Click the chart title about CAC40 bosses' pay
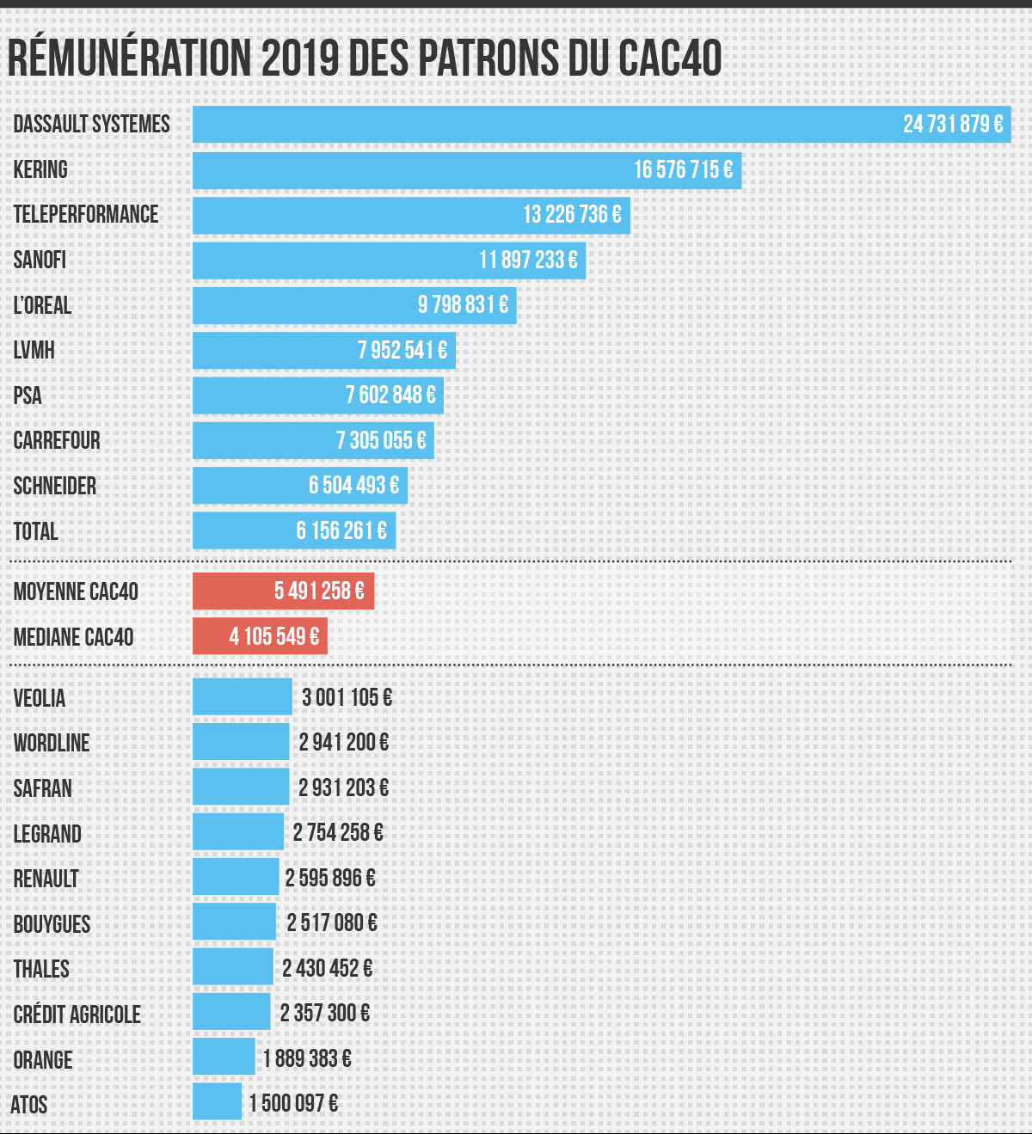pyautogui.click(x=365, y=58)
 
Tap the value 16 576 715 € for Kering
pyautogui.click(x=683, y=170)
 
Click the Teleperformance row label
pyautogui.click(x=86, y=215)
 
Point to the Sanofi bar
pyautogui.click(x=344, y=261)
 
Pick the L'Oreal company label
pyautogui.click(x=42, y=305)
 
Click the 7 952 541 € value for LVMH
pyautogui.click(x=402, y=351)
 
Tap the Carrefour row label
pyautogui.click(x=57, y=441)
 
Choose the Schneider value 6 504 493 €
pyautogui.click(x=353, y=486)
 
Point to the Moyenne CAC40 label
pyautogui.click(x=76, y=592)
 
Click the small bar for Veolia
pyautogui.click(x=242, y=696)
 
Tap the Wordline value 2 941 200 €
pyautogui.click(x=343, y=742)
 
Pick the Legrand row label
pyautogui.click(x=47, y=834)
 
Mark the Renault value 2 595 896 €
pyautogui.click(x=330, y=878)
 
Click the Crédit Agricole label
pyautogui.click(x=77, y=1014)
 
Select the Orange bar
pyautogui.click(x=224, y=1057)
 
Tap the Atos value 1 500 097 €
pyautogui.click(x=293, y=1103)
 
